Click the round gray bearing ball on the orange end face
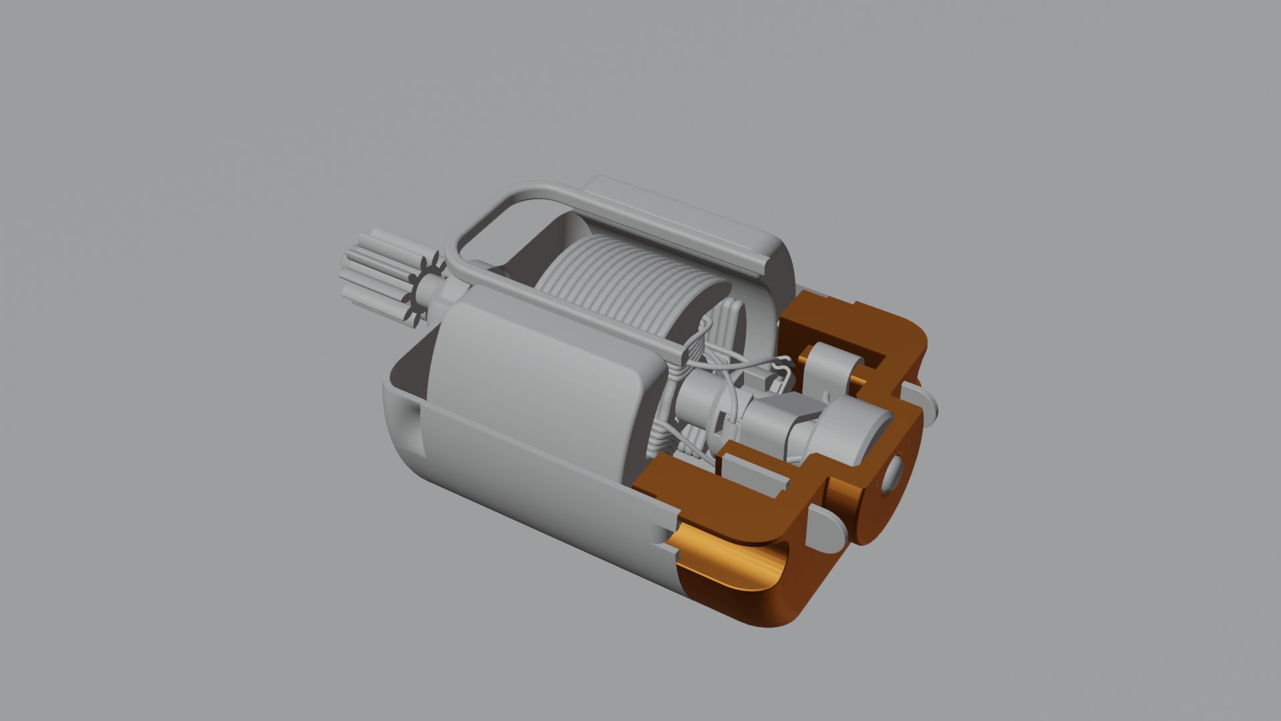[893, 475]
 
